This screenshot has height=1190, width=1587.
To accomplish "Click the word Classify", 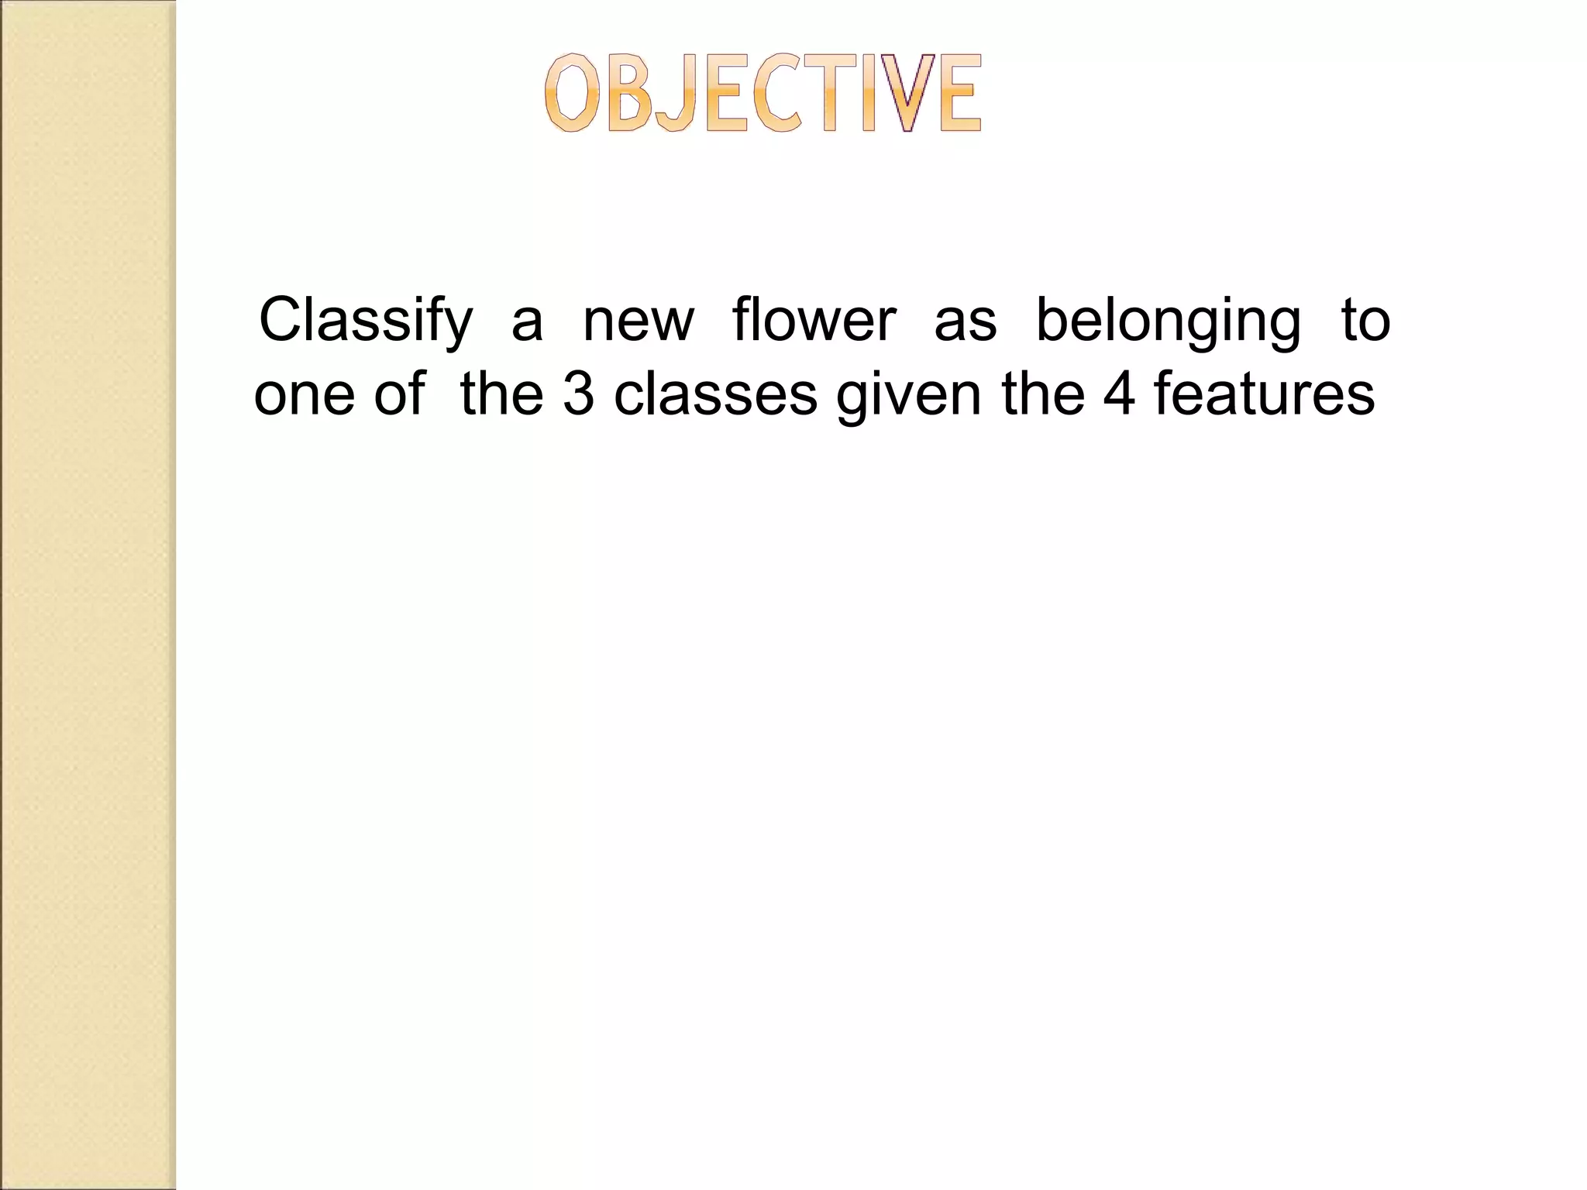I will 365,321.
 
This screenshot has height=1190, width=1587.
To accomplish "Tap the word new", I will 639,321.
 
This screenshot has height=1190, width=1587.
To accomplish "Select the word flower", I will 814,319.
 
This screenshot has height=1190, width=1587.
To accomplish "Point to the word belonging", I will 1169,321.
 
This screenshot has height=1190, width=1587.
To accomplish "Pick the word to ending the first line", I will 1366,321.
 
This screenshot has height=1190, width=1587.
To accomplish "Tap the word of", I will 400,394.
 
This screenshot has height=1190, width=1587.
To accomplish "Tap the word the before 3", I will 501,394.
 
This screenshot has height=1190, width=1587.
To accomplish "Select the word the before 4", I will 1042,394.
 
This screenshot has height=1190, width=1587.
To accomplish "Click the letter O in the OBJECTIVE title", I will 572,94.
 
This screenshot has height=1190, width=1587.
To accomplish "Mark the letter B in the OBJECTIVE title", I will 629,94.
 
